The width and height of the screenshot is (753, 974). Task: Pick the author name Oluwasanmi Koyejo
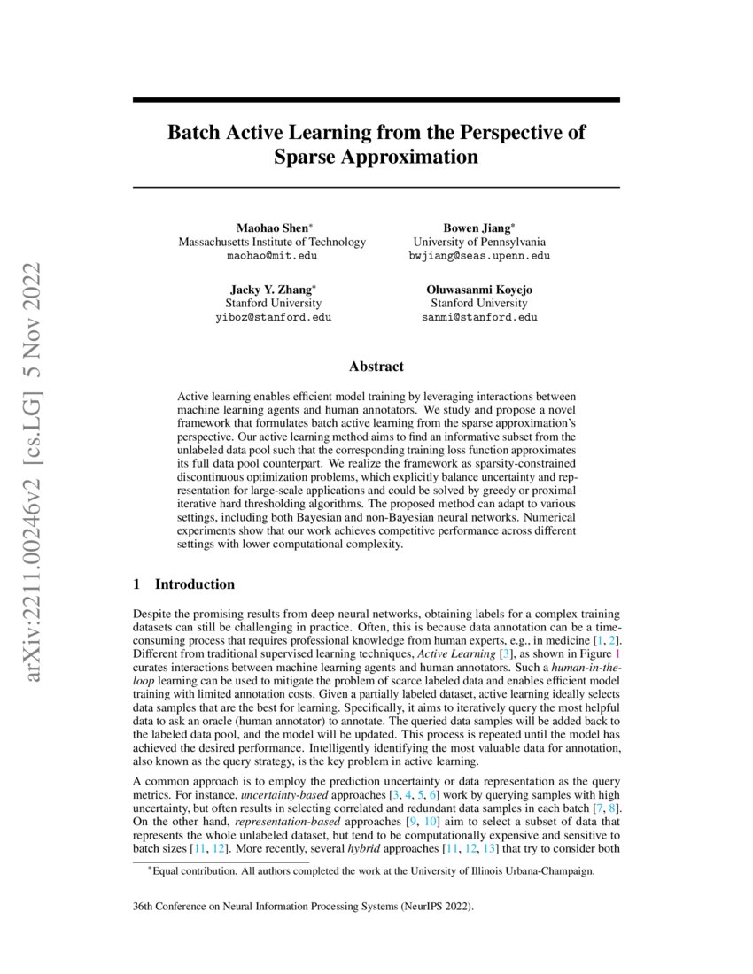(x=479, y=290)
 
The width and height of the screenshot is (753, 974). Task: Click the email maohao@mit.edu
(x=272, y=256)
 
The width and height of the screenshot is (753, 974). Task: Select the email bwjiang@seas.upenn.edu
(x=479, y=256)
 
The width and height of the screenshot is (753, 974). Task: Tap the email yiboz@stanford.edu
(x=272, y=317)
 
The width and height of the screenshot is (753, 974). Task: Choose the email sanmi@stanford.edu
(x=479, y=317)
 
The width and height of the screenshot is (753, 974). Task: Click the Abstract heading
(x=376, y=367)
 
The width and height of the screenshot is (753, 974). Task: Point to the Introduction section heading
(x=194, y=584)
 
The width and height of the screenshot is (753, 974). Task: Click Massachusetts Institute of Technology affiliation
(x=272, y=242)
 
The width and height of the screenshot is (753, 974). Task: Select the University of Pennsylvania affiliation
(x=479, y=242)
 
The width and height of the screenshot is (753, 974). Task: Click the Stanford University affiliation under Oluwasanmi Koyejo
(x=479, y=303)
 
